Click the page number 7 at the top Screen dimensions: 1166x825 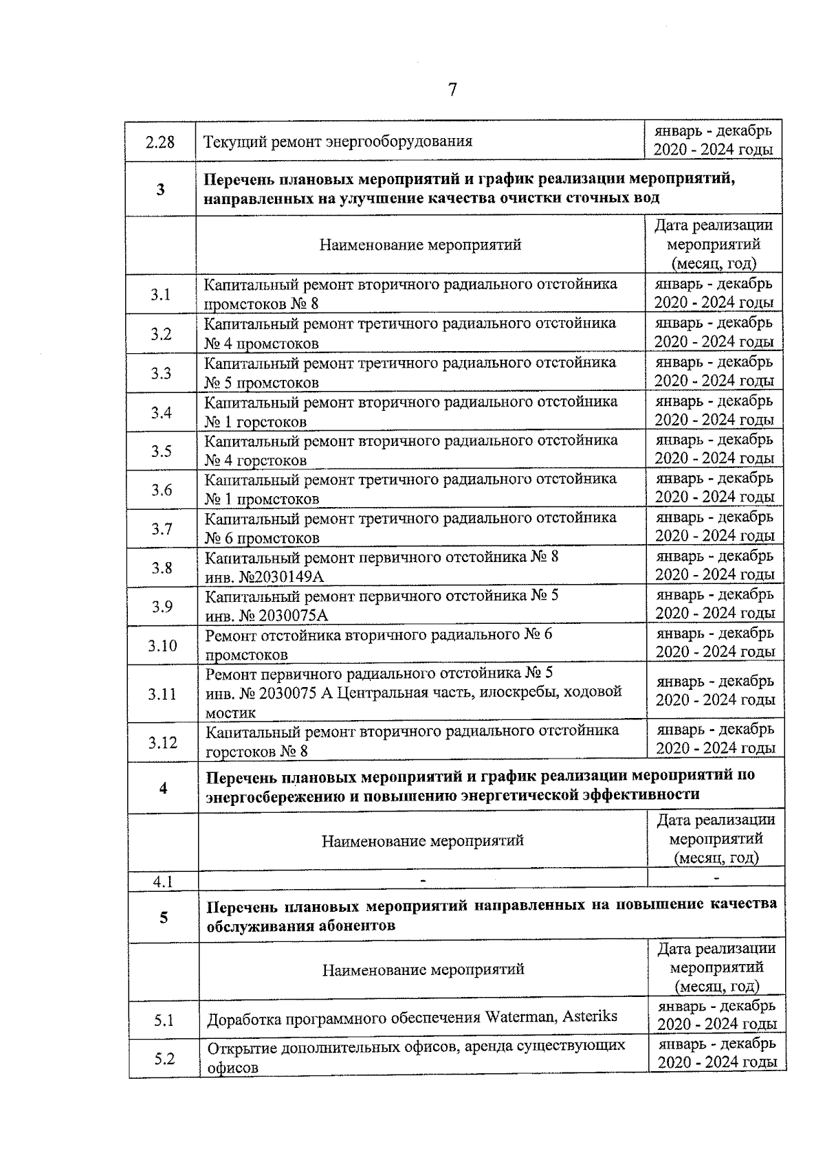point(452,90)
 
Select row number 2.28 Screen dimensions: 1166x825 point(160,142)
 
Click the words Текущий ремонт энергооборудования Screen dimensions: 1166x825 point(338,142)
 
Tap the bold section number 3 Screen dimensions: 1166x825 point(161,189)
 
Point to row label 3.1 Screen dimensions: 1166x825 point(161,294)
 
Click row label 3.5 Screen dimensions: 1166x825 point(162,451)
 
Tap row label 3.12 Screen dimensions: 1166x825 point(163,742)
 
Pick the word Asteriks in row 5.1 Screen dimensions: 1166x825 point(590,1017)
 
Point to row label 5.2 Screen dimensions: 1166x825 point(164,1058)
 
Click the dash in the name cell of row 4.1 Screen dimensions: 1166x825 point(423,879)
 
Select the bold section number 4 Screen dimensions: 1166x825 point(163,788)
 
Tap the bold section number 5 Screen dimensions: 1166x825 point(164,917)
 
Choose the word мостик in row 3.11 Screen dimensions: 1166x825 point(231,713)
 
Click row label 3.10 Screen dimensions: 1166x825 point(162,645)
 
